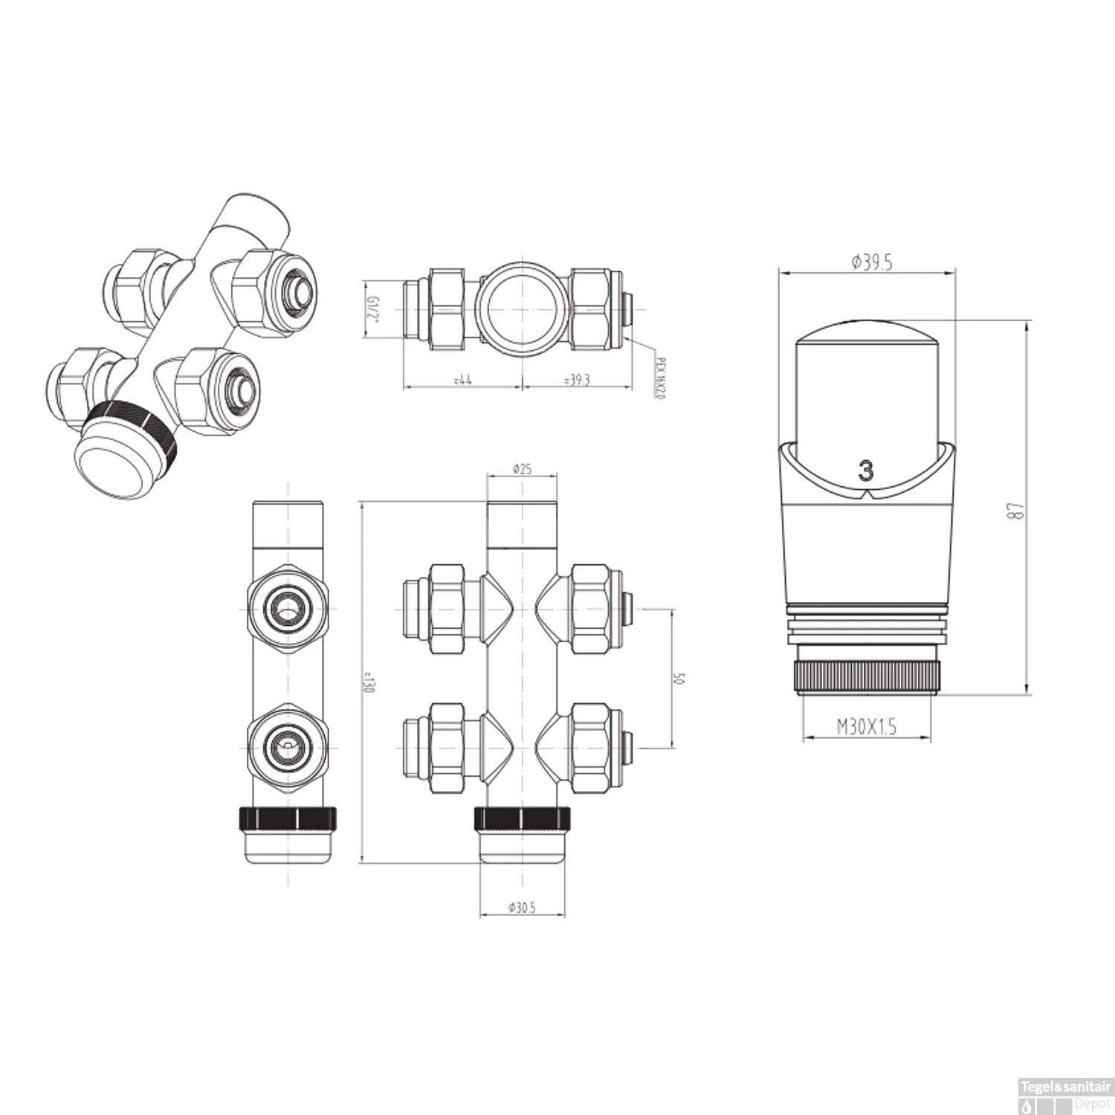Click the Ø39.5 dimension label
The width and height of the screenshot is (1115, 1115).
(x=870, y=262)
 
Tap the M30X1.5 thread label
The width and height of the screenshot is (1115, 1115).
(x=867, y=726)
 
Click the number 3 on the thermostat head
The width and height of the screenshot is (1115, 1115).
(x=866, y=471)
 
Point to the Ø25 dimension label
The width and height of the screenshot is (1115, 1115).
(x=522, y=470)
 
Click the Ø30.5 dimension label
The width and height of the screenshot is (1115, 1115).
(x=522, y=907)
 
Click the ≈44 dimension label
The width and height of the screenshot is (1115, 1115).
(x=462, y=380)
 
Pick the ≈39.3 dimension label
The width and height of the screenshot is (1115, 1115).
(x=577, y=380)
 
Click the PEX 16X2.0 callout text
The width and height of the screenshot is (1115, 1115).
(x=659, y=376)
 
